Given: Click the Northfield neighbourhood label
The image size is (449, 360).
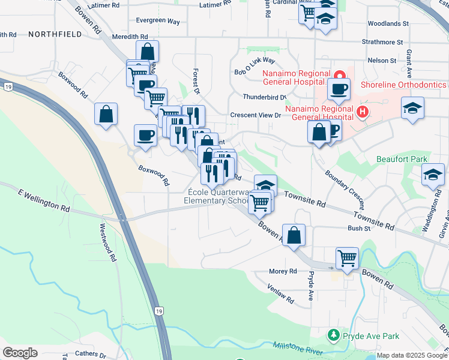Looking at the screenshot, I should [55, 35].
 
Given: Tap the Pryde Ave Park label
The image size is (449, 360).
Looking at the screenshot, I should [371, 336].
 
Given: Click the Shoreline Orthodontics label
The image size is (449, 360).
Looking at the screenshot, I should [403, 85].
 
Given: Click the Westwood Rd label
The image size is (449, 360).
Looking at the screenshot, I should [107, 243].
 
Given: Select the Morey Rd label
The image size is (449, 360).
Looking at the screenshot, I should [283, 271].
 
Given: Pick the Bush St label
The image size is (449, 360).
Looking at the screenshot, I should [358, 229].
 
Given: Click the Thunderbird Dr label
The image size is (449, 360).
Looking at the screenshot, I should [265, 97].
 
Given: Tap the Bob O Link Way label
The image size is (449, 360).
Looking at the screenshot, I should [255, 67].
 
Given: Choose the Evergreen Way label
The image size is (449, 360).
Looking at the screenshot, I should [158, 21].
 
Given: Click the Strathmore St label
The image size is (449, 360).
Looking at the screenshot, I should [382, 43].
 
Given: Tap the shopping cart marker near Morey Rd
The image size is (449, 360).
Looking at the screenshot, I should [347, 259].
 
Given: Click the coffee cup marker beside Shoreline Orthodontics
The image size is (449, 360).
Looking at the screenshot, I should [339, 89].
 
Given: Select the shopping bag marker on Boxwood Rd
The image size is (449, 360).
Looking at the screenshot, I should [106, 114].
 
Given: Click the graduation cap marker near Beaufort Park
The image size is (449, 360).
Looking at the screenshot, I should [433, 175].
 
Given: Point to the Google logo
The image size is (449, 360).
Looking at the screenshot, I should [20, 353].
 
